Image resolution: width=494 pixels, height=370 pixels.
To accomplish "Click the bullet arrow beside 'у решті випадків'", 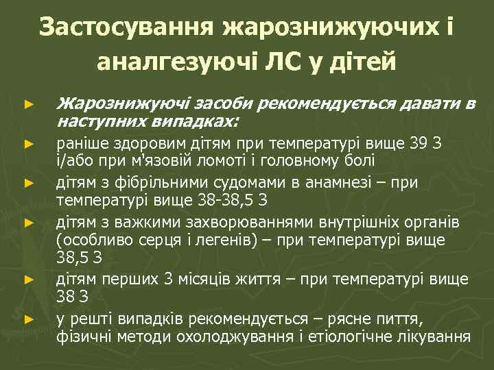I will [28, 319].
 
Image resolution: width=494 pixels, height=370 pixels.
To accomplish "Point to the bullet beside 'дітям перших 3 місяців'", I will [28, 280].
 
